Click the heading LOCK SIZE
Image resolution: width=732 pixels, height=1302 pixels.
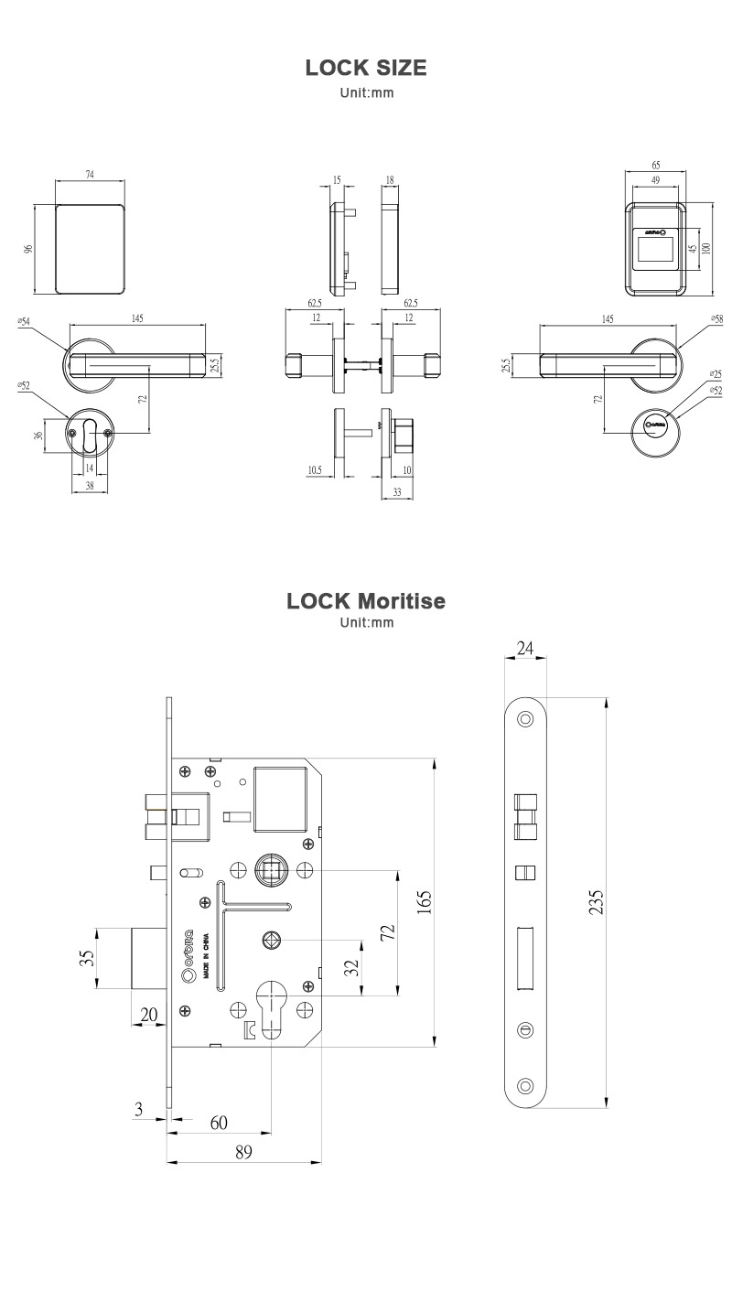point(366,69)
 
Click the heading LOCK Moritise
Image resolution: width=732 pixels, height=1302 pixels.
point(366,601)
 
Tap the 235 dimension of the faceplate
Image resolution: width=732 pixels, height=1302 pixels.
point(596,901)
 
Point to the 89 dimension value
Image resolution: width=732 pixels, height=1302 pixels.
point(243,1153)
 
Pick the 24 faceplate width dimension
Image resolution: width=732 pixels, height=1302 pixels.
point(525,649)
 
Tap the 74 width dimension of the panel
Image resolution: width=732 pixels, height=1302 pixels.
point(90,174)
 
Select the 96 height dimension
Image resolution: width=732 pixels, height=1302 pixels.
point(28,249)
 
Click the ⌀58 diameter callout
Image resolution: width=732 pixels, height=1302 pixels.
point(716,319)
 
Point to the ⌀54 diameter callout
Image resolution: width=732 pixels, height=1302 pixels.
point(24,321)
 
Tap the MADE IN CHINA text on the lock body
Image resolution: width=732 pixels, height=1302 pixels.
point(207,957)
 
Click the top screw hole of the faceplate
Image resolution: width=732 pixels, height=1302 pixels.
point(525,719)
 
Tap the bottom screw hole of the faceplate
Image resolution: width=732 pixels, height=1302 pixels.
point(525,1086)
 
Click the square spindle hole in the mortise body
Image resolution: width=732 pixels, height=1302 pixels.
point(272,866)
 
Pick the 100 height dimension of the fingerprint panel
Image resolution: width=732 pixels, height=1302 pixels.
point(706,249)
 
